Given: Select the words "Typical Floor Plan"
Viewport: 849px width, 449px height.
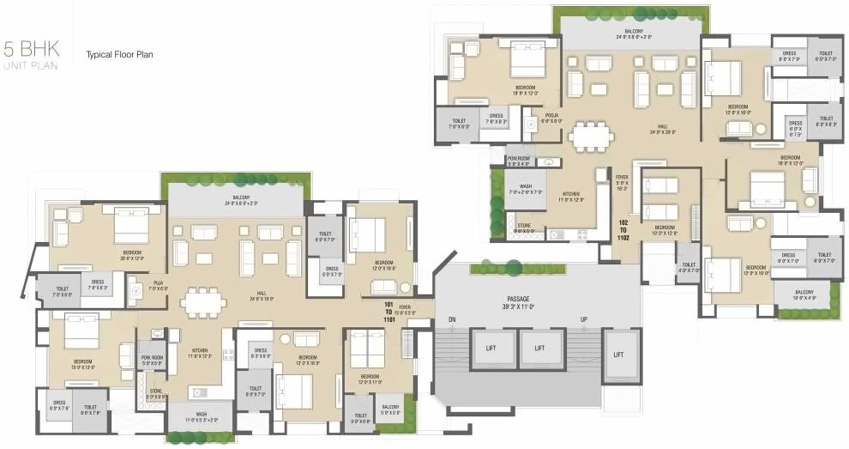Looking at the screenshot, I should [119, 55].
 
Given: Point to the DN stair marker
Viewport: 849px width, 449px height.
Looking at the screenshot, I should [452, 319].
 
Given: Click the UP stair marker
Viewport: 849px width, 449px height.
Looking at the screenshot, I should [584, 319].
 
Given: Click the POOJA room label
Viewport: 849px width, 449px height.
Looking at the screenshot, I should [552, 118].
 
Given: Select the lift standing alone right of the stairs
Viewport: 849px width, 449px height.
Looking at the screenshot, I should [618, 355].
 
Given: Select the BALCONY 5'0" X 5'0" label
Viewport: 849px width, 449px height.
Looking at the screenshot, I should [390, 409].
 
